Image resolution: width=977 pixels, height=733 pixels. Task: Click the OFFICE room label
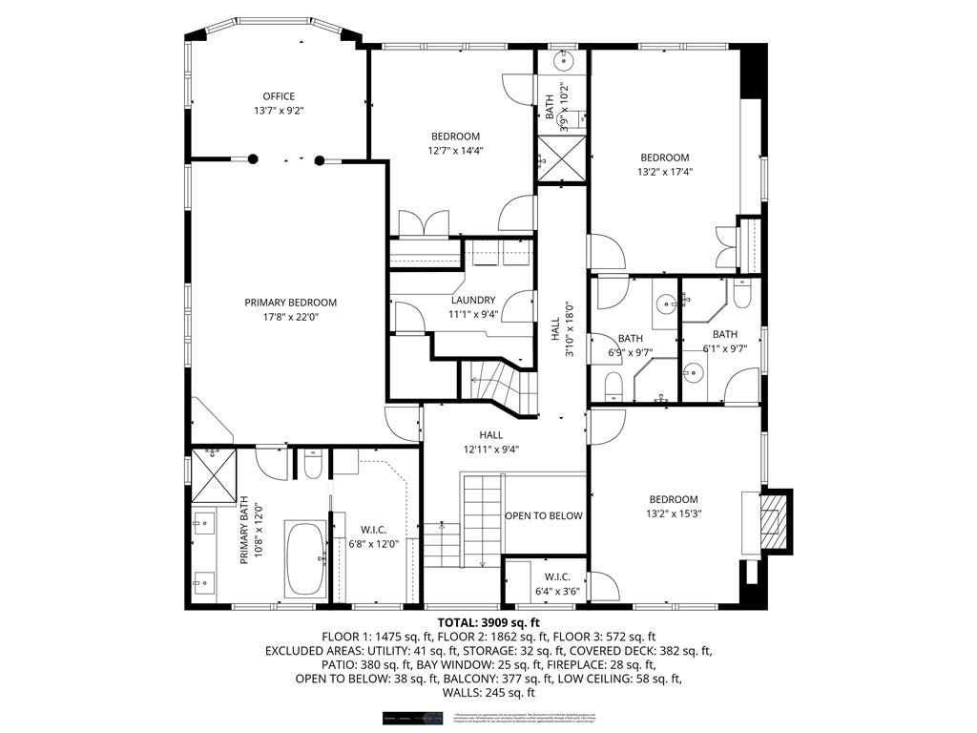pos(279,96)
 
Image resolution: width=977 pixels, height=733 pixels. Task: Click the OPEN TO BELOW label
pos(543,516)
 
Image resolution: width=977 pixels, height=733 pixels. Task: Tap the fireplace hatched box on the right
pos(775,521)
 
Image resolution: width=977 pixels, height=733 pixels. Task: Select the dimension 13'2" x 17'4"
pos(664,173)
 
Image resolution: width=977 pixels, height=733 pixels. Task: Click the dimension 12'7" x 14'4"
pos(454,151)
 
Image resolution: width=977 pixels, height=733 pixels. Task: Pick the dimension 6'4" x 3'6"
pos(556,591)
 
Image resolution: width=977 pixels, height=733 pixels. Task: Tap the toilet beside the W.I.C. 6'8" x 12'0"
pos(311,464)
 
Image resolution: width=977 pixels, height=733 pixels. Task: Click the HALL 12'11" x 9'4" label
pos(491,442)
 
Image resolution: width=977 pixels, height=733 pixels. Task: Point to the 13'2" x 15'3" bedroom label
pos(674,507)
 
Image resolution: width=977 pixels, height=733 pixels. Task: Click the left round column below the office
pos(253,160)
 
